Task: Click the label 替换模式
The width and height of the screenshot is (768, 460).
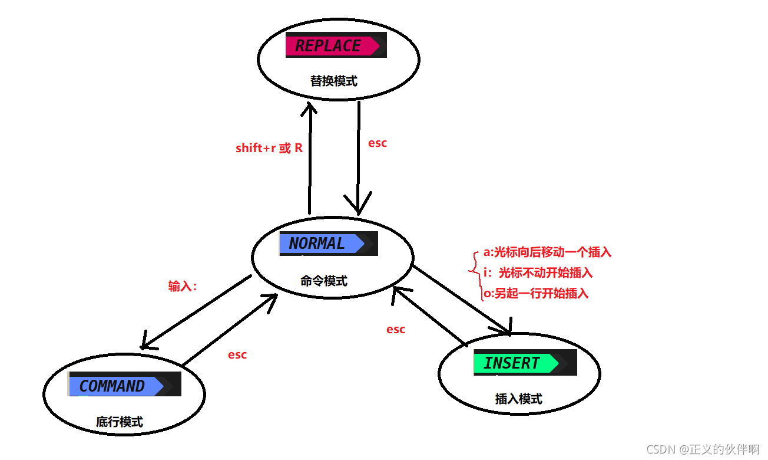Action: [x=334, y=81]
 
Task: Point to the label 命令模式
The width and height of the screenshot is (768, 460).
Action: [x=324, y=281]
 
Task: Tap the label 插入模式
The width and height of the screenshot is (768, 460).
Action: [x=518, y=399]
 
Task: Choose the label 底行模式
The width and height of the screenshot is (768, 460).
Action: [x=120, y=422]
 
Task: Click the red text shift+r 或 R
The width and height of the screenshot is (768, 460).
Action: [x=269, y=148]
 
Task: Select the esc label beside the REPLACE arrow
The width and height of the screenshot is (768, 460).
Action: [x=378, y=143]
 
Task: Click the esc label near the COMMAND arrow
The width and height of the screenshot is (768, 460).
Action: [x=237, y=354]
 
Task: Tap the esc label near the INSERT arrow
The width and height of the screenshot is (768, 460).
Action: [x=396, y=329]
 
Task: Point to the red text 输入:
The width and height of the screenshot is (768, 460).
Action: [x=182, y=286]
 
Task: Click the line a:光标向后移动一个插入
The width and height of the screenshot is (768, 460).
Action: [x=548, y=252]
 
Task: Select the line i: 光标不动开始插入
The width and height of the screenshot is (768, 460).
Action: [x=538, y=272]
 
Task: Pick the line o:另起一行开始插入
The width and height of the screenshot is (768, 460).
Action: [x=536, y=293]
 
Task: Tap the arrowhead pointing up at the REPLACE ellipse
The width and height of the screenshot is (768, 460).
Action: [x=309, y=109]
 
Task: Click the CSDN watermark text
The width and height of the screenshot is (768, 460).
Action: [x=703, y=449]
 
